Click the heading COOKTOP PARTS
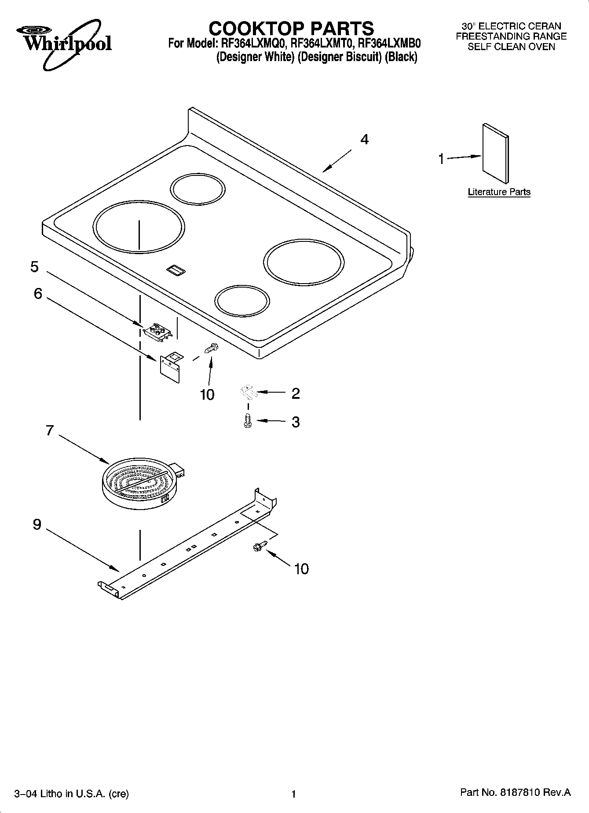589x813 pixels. pos(291,29)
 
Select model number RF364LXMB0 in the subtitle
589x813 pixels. pos(389,44)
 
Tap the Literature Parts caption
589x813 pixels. pos(499,192)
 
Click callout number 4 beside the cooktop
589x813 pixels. pos(364,139)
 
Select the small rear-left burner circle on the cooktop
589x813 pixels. pos(198,190)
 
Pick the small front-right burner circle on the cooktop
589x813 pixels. pos(242,302)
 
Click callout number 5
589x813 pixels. pos(34,267)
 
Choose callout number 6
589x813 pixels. pos(38,294)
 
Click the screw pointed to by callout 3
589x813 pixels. pos(248,421)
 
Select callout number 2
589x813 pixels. pos(296,393)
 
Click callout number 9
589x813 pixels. pos(37,524)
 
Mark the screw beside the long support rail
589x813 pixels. pos(258,547)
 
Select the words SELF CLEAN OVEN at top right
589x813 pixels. pos(511,47)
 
